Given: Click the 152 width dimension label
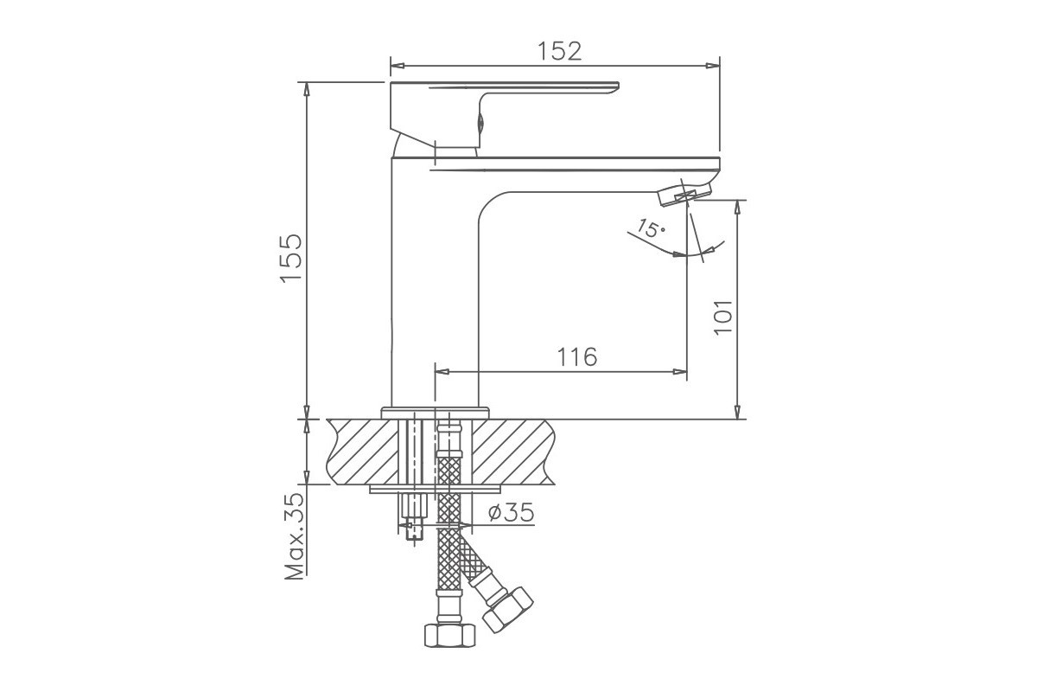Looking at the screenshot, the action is tap(559, 51).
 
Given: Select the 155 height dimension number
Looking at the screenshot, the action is tap(291, 258).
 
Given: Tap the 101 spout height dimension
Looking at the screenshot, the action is tap(722, 317).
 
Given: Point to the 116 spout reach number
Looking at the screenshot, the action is tap(577, 357).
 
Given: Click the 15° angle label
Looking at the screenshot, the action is tap(651, 228).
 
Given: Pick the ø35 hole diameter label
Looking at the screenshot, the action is tap(511, 512).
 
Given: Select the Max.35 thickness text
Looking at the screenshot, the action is tap(295, 536).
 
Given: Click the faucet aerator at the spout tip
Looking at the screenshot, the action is tap(684, 195).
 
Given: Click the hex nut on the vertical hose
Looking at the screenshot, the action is tap(449, 635).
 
